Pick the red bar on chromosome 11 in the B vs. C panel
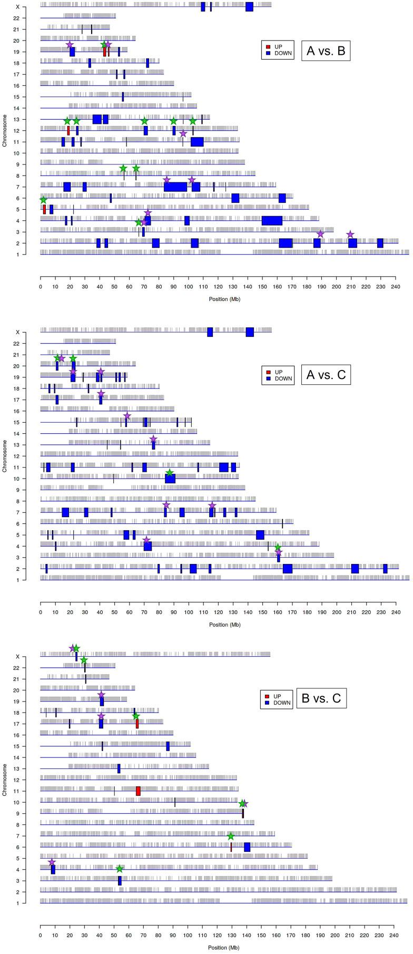point(138,791)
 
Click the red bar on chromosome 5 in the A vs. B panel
point(44,209)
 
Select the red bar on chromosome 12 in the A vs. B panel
point(68,131)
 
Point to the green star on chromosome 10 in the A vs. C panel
point(170,473)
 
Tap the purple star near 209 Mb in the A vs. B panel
point(350,235)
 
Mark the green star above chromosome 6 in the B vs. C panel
point(230,836)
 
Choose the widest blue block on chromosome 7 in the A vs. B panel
point(175,187)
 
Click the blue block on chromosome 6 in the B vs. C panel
point(247,847)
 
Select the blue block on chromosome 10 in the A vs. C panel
point(170,479)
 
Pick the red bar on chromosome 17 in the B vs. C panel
point(137,724)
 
